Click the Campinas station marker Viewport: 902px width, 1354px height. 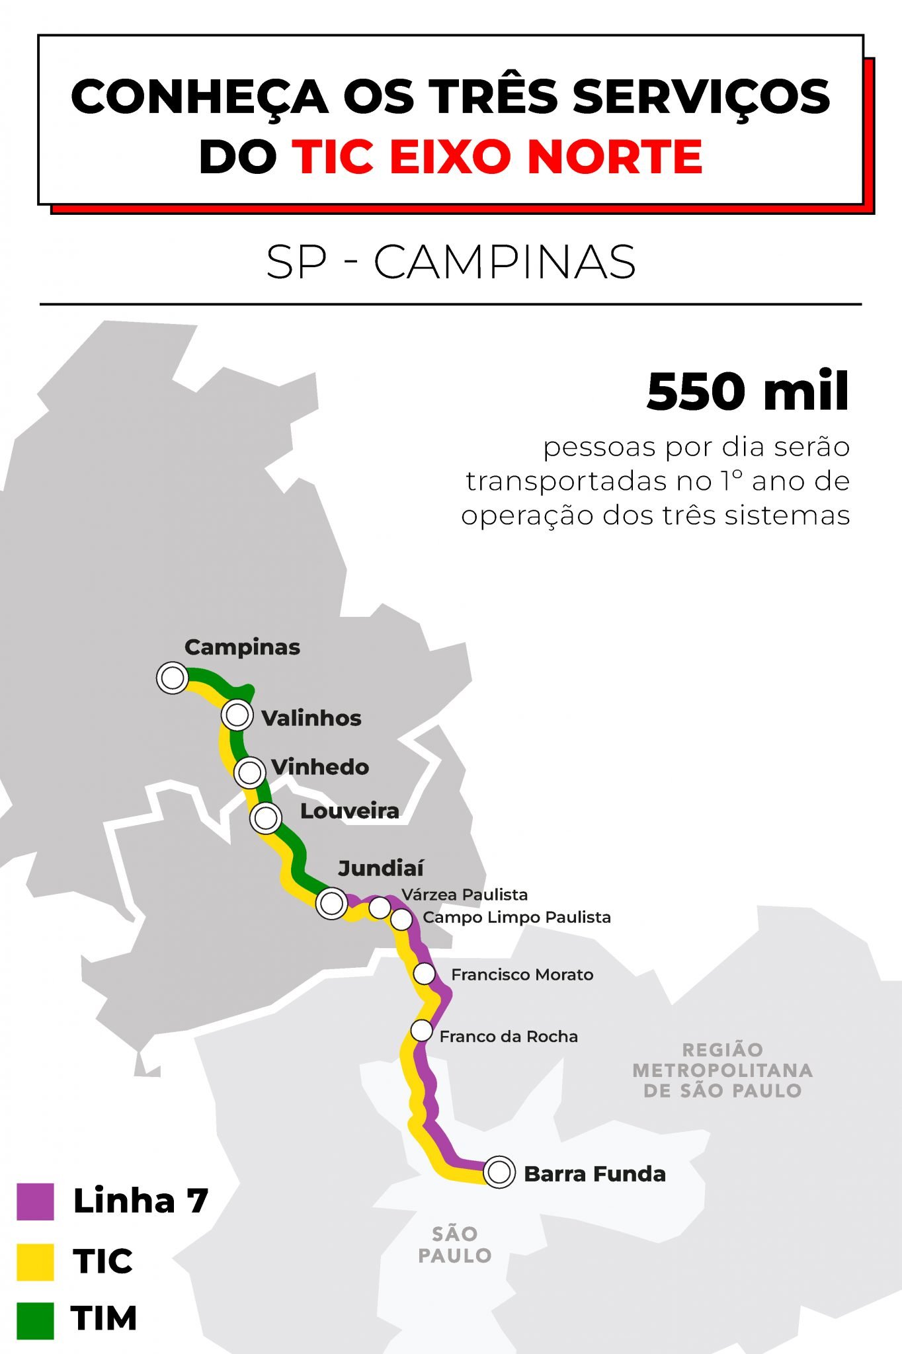173,678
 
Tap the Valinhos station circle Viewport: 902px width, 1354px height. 237,715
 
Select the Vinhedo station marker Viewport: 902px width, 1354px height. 250,772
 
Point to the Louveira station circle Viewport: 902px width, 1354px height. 266,818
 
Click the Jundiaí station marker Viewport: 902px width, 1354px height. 331,903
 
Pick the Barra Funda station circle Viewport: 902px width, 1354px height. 499,1172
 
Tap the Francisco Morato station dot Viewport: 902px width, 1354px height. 425,974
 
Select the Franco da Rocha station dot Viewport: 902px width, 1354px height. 421,1031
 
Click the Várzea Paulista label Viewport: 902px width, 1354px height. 465,895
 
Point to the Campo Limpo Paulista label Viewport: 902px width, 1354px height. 516,918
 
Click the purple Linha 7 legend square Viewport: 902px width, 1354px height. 35,1201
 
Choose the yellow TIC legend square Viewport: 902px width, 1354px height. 35,1261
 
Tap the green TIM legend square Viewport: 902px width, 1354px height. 35,1320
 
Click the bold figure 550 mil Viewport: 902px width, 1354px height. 747,391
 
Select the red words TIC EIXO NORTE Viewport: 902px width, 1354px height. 497,157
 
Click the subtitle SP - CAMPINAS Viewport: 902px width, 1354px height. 451,262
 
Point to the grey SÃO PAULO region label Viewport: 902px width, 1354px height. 455,1244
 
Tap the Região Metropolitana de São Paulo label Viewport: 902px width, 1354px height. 722,1070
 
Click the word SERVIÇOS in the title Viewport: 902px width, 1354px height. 701,97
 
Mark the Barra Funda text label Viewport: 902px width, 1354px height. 594,1174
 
